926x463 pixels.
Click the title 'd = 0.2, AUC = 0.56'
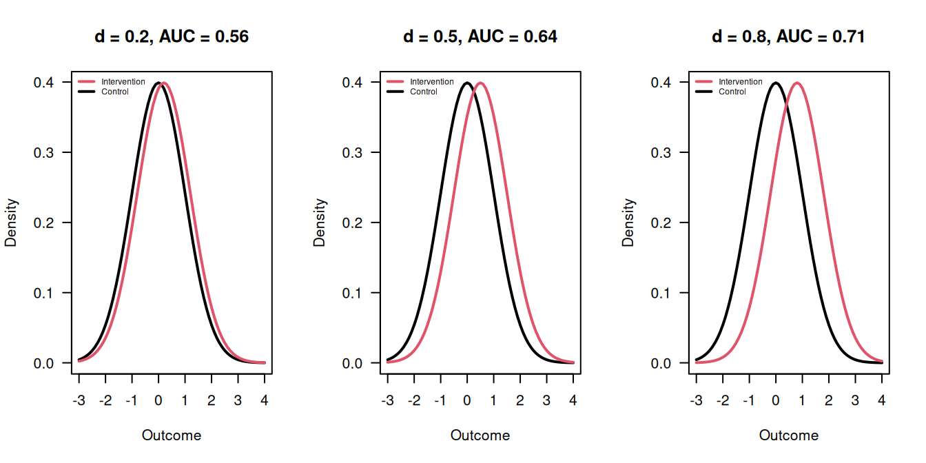pyautogui.click(x=172, y=37)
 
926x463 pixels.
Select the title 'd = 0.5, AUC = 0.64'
pyautogui.click(x=480, y=37)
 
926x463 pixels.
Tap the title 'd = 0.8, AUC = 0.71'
pyautogui.click(x=788, y=37)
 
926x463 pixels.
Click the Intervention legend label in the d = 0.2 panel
pyautogui.click(x=123, y=82)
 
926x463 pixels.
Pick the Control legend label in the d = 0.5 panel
pyautogui.click(x=424, y=92)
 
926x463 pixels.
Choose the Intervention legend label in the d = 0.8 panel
pyautogui.click(x=741, y=82)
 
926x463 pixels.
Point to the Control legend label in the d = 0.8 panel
pyautogui.click(x=732, y=92)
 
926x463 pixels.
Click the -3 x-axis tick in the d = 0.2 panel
pyautogui.click(x=79, y=400)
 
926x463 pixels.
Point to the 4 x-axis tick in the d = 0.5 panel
pyautogui.click(x=573, y=400)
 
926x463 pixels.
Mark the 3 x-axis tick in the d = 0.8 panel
pyautogui.click(x=855, y=400)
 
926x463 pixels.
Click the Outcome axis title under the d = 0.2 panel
pyautogui.click(x=172, y=435)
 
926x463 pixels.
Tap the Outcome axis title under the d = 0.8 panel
pyautogui.click(x=789, y=435)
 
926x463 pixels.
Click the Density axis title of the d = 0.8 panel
pyautogui.click(x=628, y=223)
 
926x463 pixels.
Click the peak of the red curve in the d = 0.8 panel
pyautogui.click(x=797, y=83)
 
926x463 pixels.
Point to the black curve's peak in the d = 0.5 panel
pyautogui.click(x=467, y=83)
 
